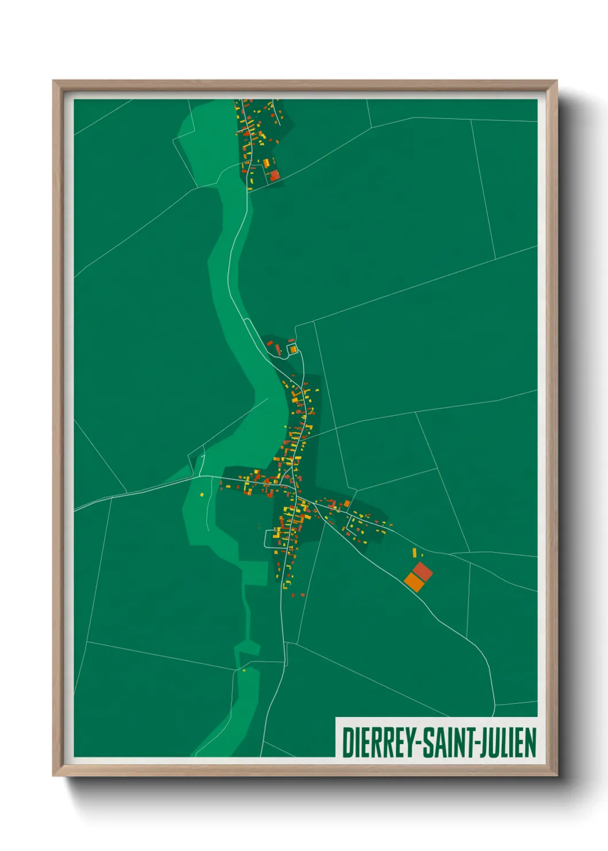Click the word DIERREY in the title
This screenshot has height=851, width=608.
(x=380, y=742)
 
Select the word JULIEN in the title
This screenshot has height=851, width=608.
(x=510, y=742)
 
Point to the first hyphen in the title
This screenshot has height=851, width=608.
(x=421, y=743)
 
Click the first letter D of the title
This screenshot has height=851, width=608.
(x=347, y=742)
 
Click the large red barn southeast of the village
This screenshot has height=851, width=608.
(x=422, y=572)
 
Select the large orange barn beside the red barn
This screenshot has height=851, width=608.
(x=414, y=582)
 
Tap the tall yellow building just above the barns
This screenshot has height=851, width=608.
(x=414, y=553)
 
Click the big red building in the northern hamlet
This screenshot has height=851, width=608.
(x=274, y=174)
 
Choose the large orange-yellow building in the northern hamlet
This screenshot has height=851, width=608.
(x=266, y=163)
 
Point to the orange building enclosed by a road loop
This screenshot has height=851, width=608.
(x=293, y=349)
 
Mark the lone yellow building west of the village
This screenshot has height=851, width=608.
(x=202, y=494)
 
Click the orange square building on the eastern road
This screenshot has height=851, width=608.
(x=347, y=504)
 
